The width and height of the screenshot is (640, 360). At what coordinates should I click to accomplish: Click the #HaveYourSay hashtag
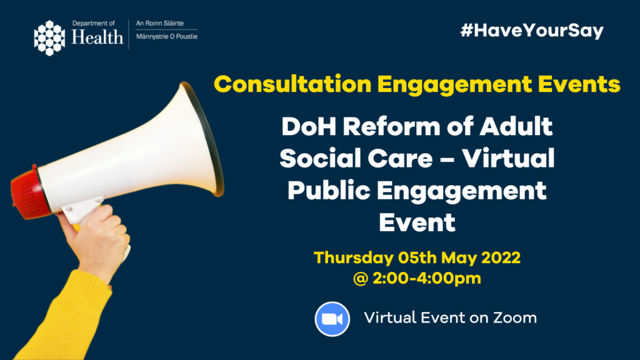point(532,31)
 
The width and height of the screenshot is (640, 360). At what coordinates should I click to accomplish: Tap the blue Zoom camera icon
point(332,319)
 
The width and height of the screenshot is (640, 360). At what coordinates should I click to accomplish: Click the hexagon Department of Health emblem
point(49,38)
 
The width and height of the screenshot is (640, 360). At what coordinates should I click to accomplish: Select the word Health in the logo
point(97,37)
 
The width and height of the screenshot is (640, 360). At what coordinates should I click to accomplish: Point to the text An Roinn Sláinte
point(160,23)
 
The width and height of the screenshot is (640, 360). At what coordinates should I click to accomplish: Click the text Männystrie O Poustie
point(167,36)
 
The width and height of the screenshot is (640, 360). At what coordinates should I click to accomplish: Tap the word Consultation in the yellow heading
point(292,84)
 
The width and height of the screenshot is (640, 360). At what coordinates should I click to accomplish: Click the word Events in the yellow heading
point(579,84)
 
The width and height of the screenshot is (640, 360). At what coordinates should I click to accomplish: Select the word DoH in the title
point(308,126)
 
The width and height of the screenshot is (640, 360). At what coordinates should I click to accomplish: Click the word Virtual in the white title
point(508,158)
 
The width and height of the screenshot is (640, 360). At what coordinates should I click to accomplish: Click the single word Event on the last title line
point(417,222)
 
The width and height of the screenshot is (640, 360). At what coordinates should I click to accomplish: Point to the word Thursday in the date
point(354,258)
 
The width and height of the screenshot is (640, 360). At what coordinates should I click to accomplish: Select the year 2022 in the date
point(501,258)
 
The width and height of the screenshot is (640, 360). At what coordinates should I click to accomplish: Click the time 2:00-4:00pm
point(426,278)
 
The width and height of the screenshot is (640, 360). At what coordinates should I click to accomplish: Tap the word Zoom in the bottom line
point(515,318)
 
